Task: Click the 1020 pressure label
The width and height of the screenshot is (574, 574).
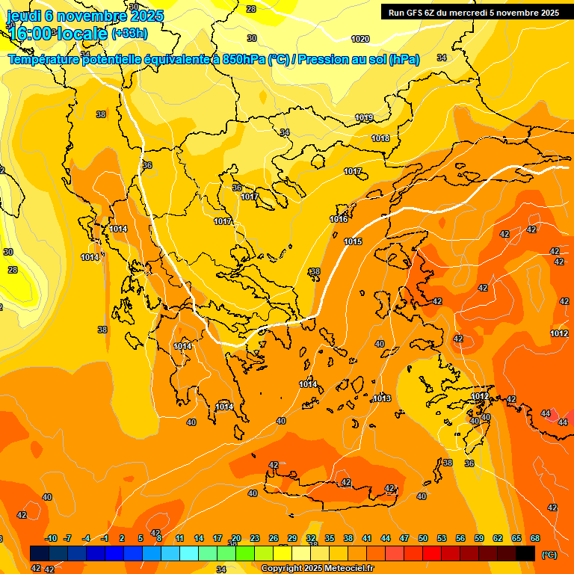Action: (360, 39)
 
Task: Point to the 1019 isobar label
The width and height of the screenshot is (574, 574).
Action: (364, 118)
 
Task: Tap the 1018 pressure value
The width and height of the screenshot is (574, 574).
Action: (380, 138)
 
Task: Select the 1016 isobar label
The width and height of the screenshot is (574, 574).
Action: (339, 219)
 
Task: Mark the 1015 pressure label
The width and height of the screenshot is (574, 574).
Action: (354, 241)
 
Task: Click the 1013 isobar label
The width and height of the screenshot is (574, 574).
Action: (382, 398)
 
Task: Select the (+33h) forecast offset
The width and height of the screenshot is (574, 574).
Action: (129, 34)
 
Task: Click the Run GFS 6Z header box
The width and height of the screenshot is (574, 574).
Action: (473, 13)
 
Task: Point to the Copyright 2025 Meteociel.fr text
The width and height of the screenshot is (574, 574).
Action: (318, 569)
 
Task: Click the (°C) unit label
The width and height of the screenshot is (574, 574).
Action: (549, 554)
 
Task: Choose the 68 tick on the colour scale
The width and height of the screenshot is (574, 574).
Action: (535, 538)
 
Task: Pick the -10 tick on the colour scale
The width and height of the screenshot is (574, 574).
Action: (51, 538)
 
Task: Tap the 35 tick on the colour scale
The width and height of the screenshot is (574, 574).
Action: (330, 538)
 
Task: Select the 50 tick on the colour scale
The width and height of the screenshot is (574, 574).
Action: (423, 538)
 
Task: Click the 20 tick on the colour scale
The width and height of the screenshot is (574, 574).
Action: (236, 538)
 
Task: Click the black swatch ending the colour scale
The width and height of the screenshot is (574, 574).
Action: (525, 553)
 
